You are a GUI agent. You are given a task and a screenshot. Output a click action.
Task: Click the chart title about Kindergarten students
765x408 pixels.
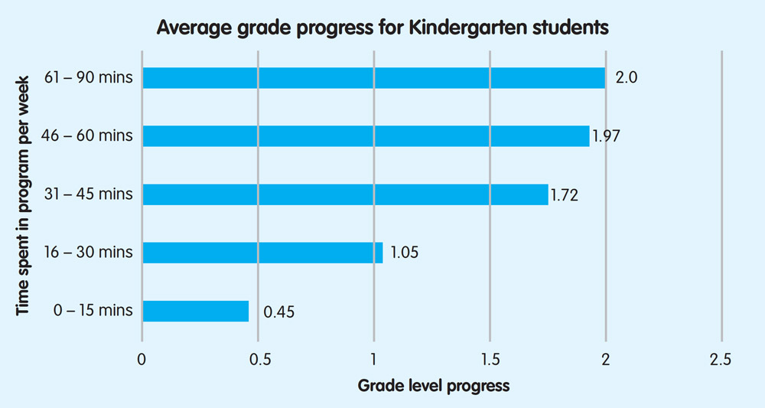[382, 28]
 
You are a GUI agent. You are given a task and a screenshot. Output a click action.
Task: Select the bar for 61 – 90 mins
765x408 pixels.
[373, 78]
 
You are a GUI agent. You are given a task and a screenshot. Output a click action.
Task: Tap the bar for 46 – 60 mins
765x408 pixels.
[366, 136]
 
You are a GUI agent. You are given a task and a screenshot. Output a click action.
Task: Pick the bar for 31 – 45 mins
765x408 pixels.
[345, 194]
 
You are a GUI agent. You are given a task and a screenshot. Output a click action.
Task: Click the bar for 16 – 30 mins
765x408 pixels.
[262, 253]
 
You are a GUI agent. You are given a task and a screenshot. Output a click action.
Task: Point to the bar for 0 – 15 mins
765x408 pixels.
[196, 311]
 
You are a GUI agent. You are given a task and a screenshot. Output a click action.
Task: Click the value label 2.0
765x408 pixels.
[627, 78]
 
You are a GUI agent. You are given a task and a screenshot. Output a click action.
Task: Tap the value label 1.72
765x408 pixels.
[564, 195]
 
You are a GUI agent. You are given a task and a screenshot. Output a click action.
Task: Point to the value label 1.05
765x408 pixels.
[404, 253]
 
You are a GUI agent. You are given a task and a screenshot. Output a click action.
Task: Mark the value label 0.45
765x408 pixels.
[279, 312]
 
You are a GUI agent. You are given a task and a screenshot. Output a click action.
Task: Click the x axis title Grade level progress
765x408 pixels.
[433, 385]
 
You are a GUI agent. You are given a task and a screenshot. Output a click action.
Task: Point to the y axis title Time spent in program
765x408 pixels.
[24, 194]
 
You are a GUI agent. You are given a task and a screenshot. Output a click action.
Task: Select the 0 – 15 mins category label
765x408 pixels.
[93, 311]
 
